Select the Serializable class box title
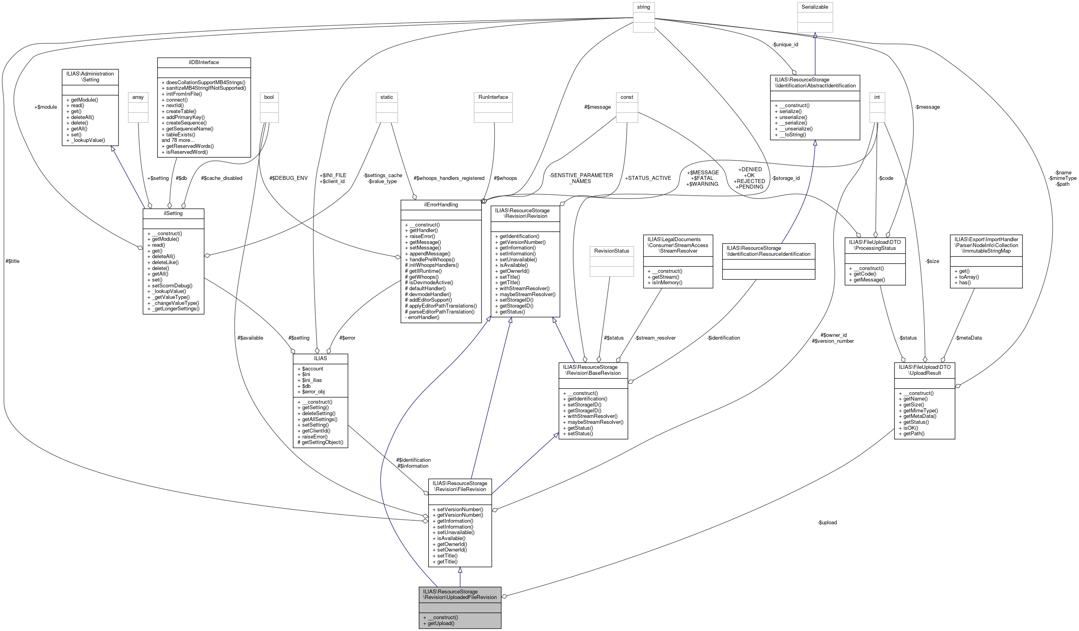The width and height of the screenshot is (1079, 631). (814, 7)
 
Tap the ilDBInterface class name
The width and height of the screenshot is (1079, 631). (204, 62)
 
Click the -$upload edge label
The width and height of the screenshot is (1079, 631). (827, 523)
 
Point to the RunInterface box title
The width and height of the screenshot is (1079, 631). (493, 97)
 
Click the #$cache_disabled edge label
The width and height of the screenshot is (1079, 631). (221, 178)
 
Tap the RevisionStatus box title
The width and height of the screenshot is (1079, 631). (612, 251)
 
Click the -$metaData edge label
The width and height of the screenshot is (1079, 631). (968, 338)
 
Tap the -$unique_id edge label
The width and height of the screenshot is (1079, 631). (785, 45)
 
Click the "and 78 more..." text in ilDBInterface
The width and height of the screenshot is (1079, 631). (178, 140)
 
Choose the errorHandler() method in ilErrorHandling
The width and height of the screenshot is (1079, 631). (422, 317)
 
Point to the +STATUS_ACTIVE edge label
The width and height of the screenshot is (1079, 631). (648, 178)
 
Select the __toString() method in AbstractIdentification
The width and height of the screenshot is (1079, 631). (790, 134)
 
